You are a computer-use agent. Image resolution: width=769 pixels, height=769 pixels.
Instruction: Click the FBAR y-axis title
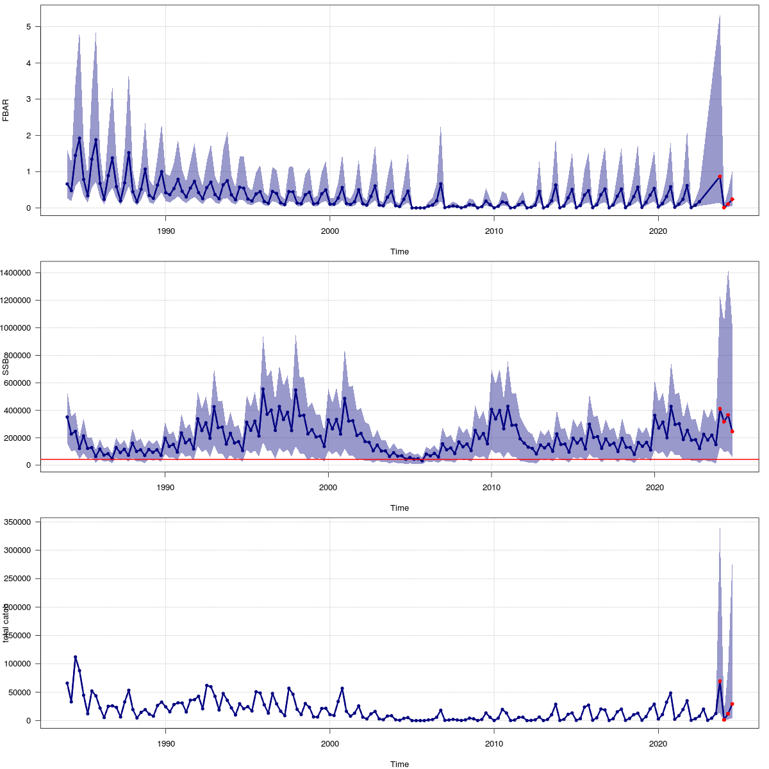6,110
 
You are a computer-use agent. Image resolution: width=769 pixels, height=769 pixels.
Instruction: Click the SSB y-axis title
6,367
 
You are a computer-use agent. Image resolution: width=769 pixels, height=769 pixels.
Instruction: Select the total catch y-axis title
6,622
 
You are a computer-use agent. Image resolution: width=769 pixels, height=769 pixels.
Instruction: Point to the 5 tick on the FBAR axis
30,27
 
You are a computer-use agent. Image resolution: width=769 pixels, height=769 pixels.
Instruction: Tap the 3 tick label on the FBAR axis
30,99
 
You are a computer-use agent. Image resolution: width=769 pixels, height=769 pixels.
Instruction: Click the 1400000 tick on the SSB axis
20,273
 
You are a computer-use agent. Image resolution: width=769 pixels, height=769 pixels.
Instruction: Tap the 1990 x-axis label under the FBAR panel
166,231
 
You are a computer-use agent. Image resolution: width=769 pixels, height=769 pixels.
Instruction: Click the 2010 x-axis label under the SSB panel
492,487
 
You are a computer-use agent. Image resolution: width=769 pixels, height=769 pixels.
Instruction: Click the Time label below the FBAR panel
399,252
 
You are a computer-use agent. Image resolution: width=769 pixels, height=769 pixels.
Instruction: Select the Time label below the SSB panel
399,508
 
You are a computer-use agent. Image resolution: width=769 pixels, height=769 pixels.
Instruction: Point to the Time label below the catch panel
399,764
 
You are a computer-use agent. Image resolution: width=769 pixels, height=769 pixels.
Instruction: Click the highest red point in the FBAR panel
720,176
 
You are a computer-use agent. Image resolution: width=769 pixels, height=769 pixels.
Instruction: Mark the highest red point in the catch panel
720,681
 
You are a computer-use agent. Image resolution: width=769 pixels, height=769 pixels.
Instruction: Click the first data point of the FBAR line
67,184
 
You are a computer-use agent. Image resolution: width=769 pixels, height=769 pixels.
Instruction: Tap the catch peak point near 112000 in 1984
75,657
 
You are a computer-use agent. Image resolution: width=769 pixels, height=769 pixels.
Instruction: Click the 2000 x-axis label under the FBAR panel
329,231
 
